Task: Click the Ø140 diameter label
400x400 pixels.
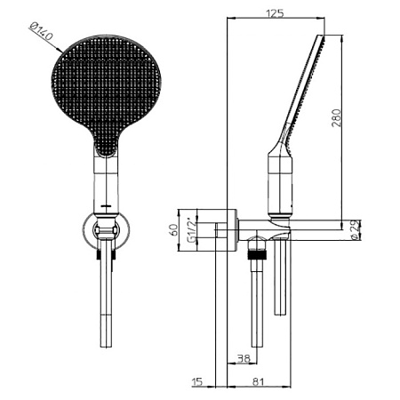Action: click(41, 31)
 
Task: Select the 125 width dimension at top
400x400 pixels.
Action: click(275, 13)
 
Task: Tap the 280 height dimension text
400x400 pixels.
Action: click(336, 118)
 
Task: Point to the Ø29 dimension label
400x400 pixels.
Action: click(355, 229)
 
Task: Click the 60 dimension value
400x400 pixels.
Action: click(173, 230)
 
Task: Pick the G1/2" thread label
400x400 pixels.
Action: click(192, 230)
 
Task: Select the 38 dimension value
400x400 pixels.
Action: click(244, 358)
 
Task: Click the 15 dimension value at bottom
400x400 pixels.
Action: click(197, 381)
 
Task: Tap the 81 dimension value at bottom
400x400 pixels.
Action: click(258, 381)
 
